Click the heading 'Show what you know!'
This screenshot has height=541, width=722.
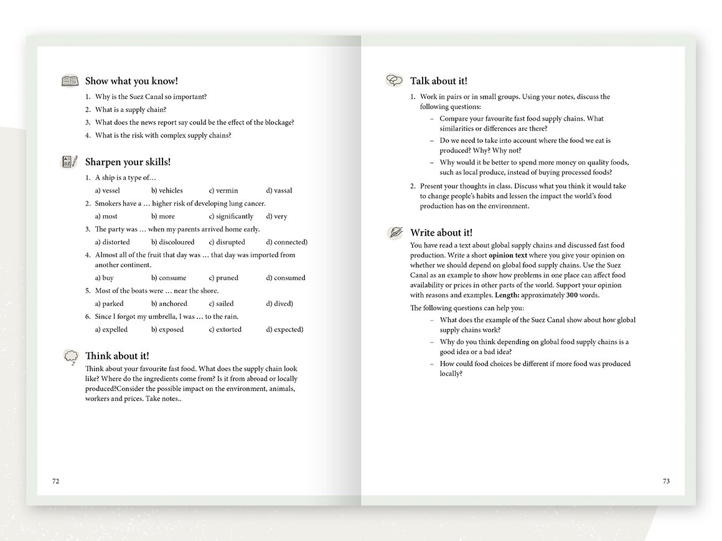[131, 81]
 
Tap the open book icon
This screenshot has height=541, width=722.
[70, 81]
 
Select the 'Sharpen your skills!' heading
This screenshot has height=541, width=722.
[128, 162]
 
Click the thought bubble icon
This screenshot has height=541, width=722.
[70, 356]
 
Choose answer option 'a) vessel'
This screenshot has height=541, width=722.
[107, 190]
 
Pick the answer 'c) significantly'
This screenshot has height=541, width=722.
[231, 216]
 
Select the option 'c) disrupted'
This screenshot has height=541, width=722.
[227, 242]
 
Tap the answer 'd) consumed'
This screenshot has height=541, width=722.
[285, 278]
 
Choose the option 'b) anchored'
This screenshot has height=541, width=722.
[169, 303]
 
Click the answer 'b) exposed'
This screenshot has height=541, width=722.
[167, 330]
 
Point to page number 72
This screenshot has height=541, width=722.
[55, 481]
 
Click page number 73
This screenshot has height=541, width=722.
[665, 481]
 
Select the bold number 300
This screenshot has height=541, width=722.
[572, 295]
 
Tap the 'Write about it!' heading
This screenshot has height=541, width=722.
[441, 233]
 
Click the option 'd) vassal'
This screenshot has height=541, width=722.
[279, 190]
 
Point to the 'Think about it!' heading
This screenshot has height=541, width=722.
[117, 356]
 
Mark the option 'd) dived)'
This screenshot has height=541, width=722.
[279, 303]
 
